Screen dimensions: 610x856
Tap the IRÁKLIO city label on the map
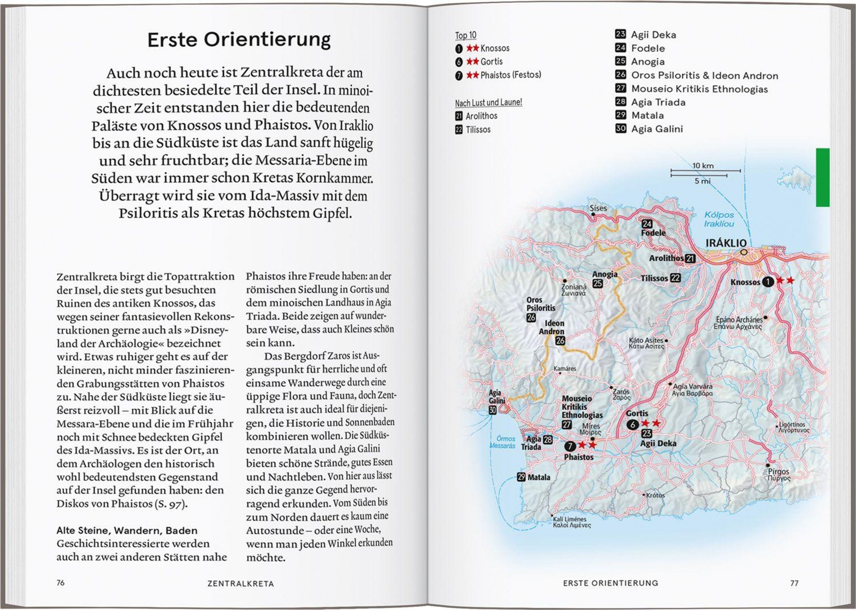point(726,243)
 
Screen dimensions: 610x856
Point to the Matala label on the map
point(539,477)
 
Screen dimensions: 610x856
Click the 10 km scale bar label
point(703,166)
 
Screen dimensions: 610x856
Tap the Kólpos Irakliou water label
point(719,219)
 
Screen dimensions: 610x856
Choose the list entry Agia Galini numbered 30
point(657,129)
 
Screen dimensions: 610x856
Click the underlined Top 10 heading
point(465,35)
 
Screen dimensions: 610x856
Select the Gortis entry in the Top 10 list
point(491,62)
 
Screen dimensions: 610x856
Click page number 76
point(60,583)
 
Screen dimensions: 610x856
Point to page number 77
point(794,583)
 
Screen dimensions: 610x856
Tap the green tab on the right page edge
point(822,177)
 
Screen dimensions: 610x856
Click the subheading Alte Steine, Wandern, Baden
point(127,531)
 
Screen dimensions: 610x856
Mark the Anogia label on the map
point(605,274)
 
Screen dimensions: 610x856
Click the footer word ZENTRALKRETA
point(241,584)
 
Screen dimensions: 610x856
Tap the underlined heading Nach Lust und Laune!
point(488,102)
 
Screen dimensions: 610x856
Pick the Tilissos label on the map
point(654,278)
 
